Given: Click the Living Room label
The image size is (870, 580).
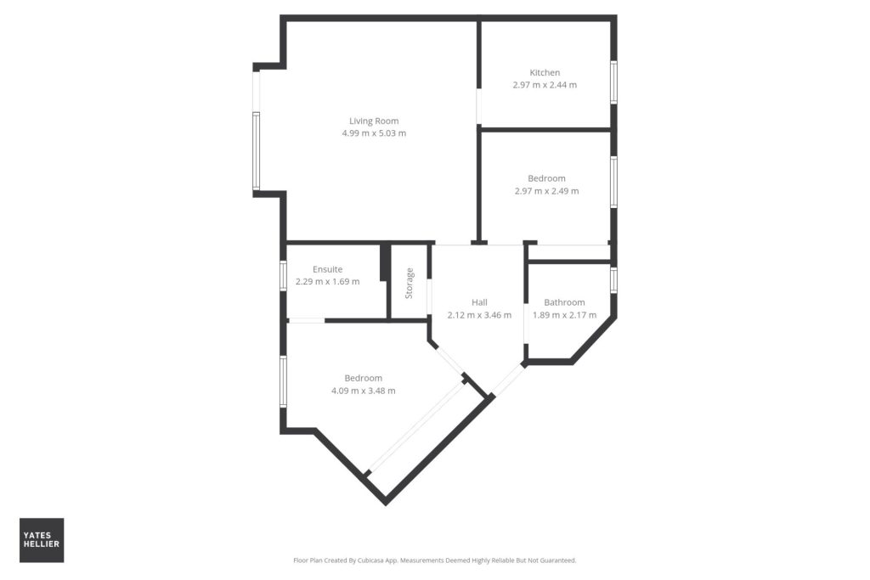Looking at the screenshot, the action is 374,121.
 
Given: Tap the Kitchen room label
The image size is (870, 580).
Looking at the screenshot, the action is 545,73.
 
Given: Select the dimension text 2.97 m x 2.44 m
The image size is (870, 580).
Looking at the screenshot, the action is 545,85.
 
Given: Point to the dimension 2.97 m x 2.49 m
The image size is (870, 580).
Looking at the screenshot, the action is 546,191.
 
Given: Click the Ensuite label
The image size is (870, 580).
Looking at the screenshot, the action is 327,269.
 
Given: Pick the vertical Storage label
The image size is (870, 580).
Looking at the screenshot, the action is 410,284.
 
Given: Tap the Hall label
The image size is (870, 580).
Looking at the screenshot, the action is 479,302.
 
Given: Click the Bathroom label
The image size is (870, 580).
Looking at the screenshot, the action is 564,302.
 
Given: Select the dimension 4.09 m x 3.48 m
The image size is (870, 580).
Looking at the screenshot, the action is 364,391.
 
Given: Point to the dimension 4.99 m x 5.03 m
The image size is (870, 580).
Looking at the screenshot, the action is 374,133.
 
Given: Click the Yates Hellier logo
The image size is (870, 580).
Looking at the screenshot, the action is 42,540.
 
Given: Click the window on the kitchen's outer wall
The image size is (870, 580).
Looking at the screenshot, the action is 613,82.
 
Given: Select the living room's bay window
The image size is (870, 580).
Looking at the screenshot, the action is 257,151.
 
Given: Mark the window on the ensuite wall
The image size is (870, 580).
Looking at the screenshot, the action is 283,276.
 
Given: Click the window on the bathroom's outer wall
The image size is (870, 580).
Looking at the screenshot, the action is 613,280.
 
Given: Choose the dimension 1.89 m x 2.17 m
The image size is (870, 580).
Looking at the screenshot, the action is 565,315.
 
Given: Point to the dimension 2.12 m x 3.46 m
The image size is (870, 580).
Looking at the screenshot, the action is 479,315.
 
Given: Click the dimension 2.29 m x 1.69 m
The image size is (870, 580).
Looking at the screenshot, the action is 327,282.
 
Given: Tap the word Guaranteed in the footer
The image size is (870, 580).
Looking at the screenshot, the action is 561,560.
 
